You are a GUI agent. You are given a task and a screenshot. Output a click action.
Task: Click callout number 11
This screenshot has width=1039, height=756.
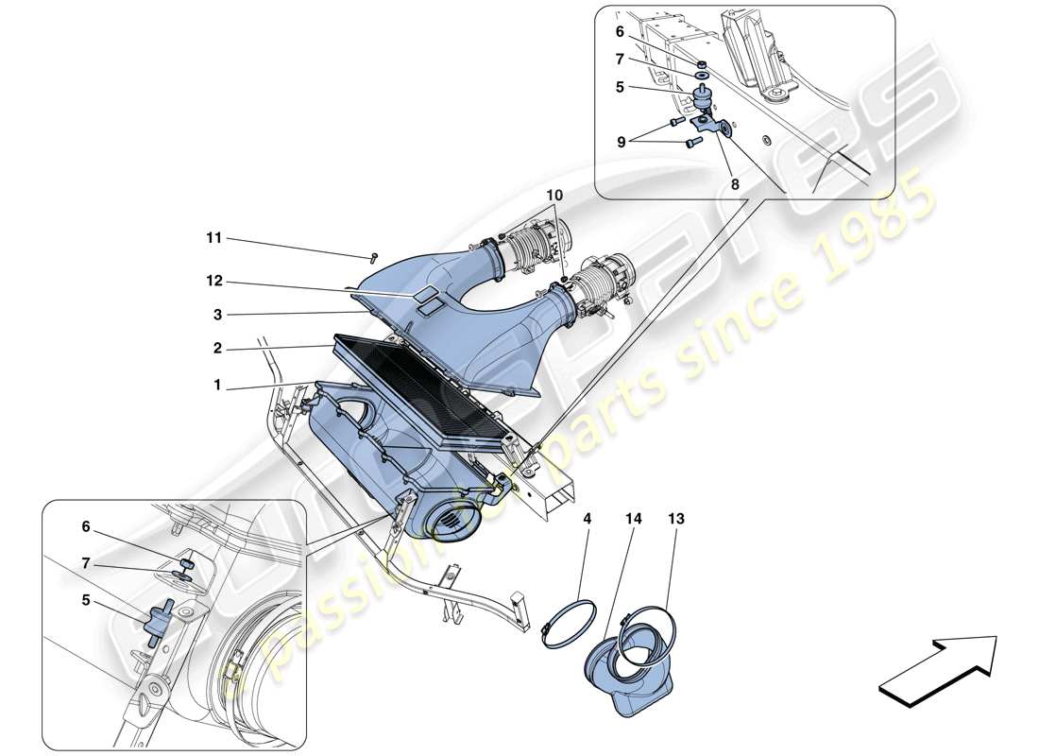pyautogui.click(x=214, y=238)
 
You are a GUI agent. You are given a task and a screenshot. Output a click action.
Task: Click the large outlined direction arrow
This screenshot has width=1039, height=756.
pyautogui.click(x=938, y=670)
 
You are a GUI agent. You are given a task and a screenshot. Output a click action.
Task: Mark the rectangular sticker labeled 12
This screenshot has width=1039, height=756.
pyautogui.click(x=427, y=296)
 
